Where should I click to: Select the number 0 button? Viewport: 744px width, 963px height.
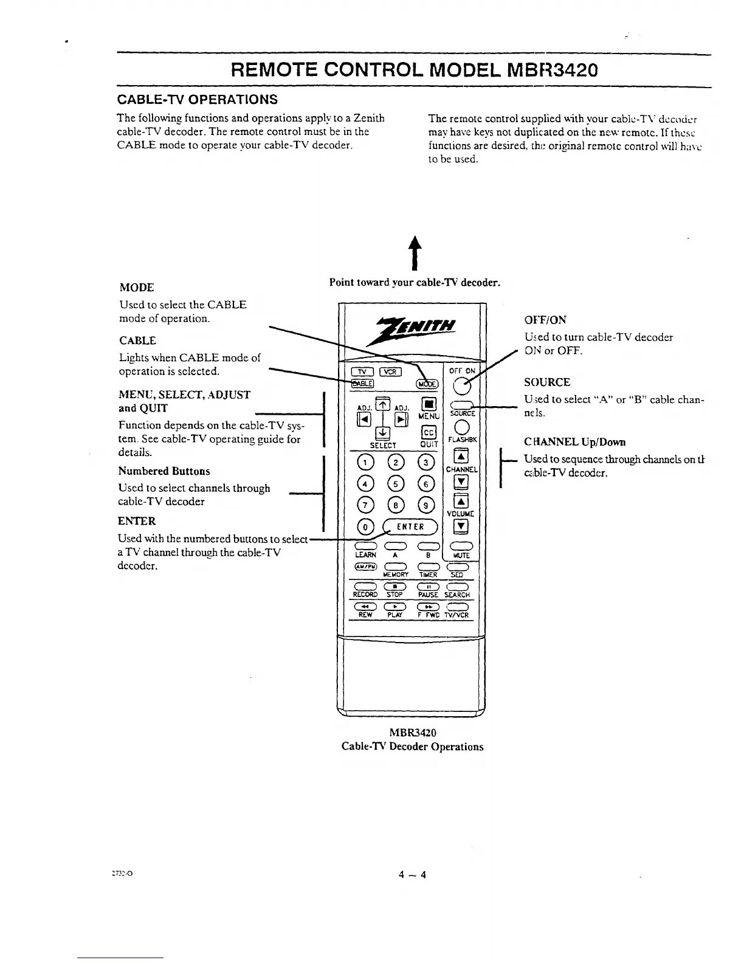click(365, 526)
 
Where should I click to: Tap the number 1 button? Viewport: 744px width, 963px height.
click(365, 463)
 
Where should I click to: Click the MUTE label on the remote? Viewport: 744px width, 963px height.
click(462, 556)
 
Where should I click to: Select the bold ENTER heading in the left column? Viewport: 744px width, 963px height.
click(137, 521)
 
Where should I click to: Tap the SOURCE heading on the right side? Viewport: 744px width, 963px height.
click(547, 382)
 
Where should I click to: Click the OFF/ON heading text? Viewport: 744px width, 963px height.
click(545, 320)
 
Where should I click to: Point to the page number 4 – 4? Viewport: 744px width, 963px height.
click(413, 875)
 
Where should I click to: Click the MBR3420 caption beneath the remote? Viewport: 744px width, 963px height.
click(413, 733)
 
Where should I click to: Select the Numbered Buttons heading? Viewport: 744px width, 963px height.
click(164, 471)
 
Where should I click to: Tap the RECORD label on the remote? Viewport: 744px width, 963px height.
click(365, 595)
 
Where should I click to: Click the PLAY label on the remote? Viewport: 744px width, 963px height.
click(395, 615)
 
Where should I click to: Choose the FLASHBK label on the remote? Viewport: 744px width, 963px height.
click(463, 440)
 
